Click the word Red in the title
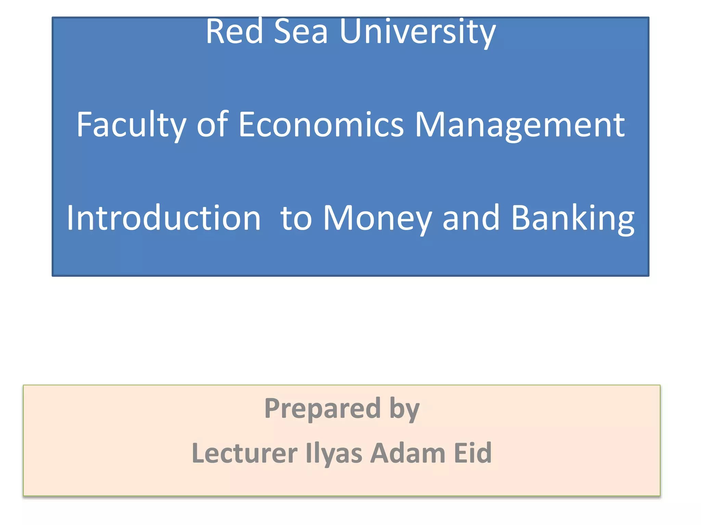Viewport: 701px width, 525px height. [234, 32]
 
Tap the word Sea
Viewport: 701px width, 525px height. [301, 32]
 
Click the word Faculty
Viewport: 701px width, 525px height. [131, 125]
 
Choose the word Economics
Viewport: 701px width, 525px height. [321, 125]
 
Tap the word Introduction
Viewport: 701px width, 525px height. [164, 218]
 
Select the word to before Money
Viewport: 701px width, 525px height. [296, 218]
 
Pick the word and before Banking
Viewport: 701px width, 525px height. [471, 218]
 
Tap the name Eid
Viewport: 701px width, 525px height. [473, 453]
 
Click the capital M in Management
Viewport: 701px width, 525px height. [430, 125]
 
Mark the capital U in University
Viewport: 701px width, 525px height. [352, 32]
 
